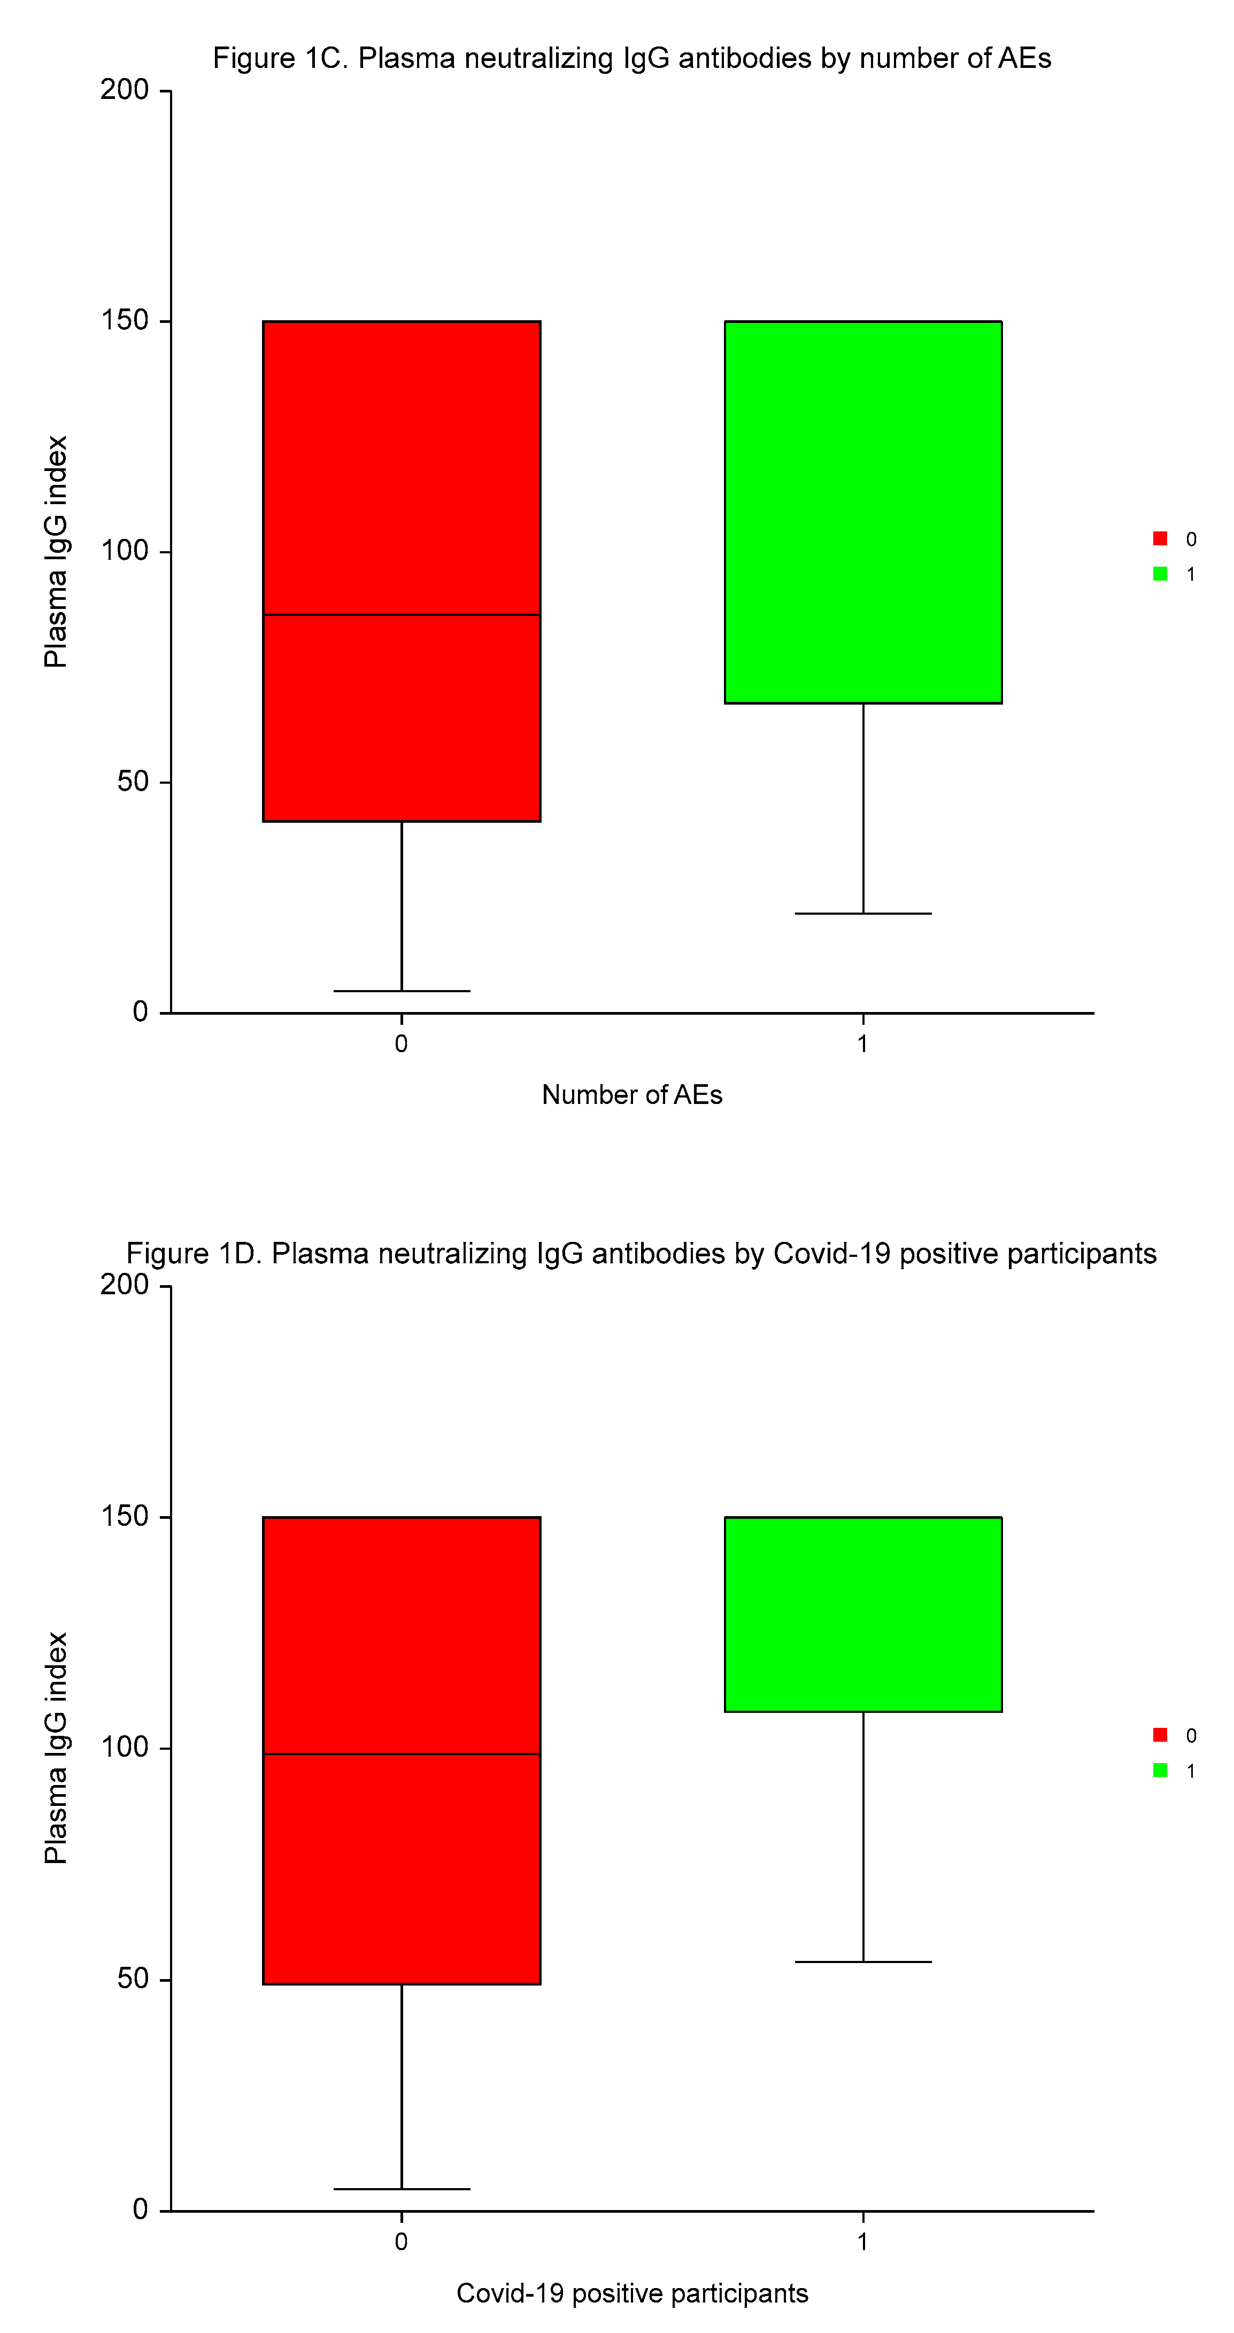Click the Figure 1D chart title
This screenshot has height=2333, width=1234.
[x=641, y=1254]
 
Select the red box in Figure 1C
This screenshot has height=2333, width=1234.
[x=402, y=471]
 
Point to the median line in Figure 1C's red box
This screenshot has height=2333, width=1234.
[x=402, y=615]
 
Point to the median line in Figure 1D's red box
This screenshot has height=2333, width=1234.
[x=402, y=1754]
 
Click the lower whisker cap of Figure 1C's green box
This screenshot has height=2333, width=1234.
[x=862, y=913]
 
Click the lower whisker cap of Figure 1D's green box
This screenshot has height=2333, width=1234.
[x=862, y=1961]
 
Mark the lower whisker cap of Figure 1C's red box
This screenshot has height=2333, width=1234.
[x=402, y=991]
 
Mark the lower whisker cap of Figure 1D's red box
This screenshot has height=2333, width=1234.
[x=402, y=2189]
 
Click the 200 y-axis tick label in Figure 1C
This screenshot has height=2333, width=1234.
[x=124, y=90]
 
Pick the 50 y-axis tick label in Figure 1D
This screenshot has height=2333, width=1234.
[x=132, y=1979]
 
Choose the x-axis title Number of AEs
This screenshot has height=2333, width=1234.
[x=631, y=1095]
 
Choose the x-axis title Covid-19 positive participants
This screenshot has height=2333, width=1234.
[x=631, y=2293]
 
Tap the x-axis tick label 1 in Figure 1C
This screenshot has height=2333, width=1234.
[x=862, y=1044]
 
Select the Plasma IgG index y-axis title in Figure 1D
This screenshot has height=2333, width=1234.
[x=56, y=1748]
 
